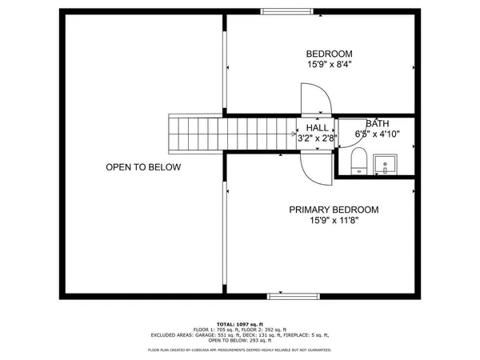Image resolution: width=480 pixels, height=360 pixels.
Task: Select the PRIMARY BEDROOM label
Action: [x=334, y=210]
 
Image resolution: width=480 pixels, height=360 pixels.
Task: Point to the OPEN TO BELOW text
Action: [x=143, y=167]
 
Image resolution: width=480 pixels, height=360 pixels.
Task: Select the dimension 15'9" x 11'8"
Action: [x=334, y=221]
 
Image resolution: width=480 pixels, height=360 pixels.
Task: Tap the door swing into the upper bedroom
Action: [x=315, y=100]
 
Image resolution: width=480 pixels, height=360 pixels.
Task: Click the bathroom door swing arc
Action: [x=346, y=130]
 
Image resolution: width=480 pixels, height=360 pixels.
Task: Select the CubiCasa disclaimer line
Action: [x=240, y=350]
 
